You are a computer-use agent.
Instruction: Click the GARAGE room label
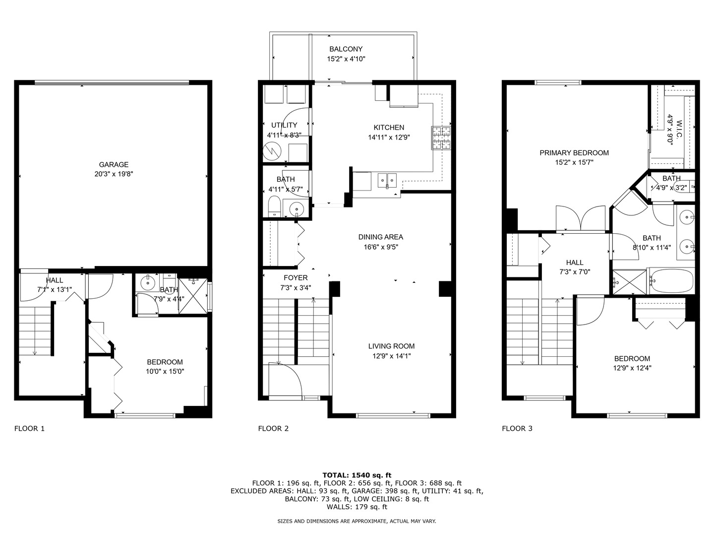[114, 165]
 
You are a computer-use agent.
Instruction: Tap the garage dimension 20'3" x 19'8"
[114, 174]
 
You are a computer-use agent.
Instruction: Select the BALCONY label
[346, 49]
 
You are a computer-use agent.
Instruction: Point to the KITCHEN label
[389, 128]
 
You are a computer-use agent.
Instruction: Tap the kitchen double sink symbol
[387, 180]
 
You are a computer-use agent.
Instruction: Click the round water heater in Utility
[272, 152]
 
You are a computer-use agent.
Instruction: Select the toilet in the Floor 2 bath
[274, 206]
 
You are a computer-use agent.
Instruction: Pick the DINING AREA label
[381, 237]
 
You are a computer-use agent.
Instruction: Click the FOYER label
[296, 277]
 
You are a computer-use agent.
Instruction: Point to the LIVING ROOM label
[391, 346]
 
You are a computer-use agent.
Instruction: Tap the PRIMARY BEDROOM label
[574, 153]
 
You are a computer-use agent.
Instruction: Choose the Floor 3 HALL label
[575, 263]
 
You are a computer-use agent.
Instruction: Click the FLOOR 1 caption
[29, 428]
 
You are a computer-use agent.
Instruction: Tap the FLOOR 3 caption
[517, 428]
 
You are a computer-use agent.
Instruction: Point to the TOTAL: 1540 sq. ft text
[357, 475]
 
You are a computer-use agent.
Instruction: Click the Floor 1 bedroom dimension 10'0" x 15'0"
[165, 371]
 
